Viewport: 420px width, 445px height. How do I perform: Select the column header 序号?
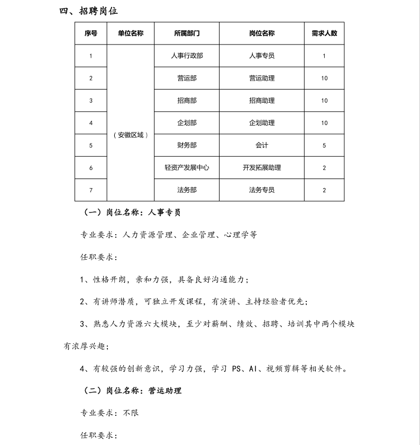[x=90, y=33]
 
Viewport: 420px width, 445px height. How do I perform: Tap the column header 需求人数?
[x=324, y=33]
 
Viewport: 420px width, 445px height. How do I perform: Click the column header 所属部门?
[x=187, y=33]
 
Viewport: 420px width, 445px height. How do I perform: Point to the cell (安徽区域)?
[x=130, y=135]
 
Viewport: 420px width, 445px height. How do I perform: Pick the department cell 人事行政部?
[x=187, y=56]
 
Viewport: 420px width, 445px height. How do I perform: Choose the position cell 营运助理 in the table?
[x=262, y=78]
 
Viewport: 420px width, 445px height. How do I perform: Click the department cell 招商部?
[x=187, y=101]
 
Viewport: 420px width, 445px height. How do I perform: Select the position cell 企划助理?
[x=262, y=123]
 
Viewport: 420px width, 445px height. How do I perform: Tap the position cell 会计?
[x=262, y=145]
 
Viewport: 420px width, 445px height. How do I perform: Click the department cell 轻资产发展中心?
[x=187, y=167]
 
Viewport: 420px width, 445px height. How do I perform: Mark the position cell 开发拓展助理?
[x=262, y=167]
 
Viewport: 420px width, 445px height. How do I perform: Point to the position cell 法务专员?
[x=262, y=190]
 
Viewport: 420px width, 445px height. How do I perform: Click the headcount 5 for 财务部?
[x=324, y=145]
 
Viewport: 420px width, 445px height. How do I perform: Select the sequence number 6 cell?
[x=90, y=168]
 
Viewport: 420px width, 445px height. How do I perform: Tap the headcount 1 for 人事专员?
[x=324, y=56]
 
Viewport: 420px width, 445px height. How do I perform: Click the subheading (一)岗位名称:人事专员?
[x=133, y=212]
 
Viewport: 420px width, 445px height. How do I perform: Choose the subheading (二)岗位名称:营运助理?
[x=133, y=390]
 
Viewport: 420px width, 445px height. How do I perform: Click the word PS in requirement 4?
[x=236, y=368]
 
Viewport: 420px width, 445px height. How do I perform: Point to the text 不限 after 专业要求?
[x=131, y=412]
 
